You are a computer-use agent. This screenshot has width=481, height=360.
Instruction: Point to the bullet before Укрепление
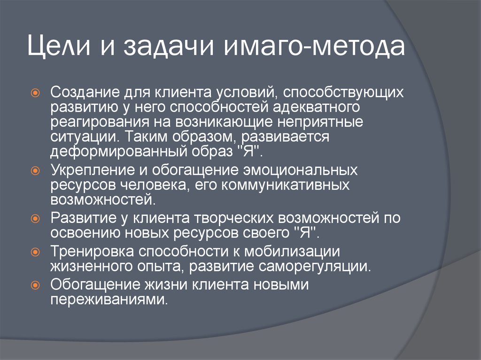pyautogui.click(x=35, y=171)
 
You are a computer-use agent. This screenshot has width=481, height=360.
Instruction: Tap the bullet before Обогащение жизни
pyautogui.click(x=35, y=285)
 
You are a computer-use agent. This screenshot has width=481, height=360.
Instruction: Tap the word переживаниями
pyautogui.click(x=109, y=299)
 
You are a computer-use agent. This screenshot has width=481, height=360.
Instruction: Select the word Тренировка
pyautogui.click(x=93, y=251)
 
